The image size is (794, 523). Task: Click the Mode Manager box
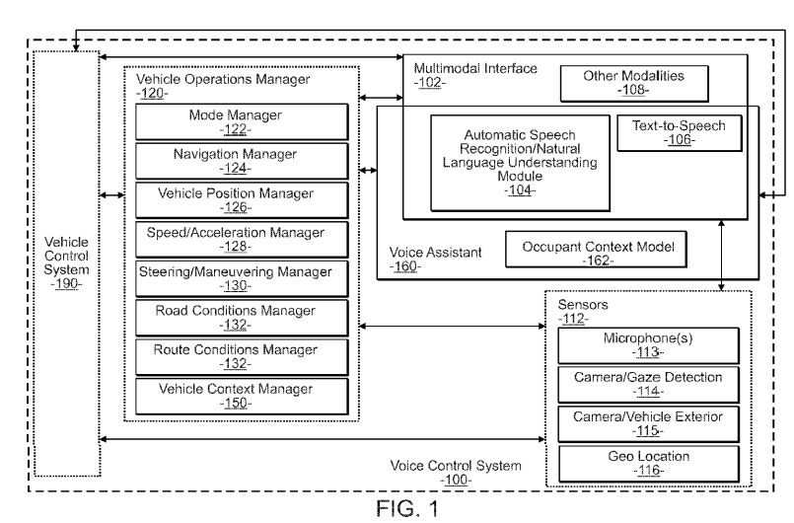coord(242,121)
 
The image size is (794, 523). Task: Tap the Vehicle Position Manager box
coord(242,199)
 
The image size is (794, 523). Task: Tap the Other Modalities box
coord(634,82)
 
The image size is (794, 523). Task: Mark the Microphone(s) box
coord(648,346)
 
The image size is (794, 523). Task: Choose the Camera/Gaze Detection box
coord(648,385)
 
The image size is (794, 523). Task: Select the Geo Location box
coord(648,463)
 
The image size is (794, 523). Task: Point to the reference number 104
coord(519,190)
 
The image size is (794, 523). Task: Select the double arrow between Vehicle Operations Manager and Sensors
coord(455,328)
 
